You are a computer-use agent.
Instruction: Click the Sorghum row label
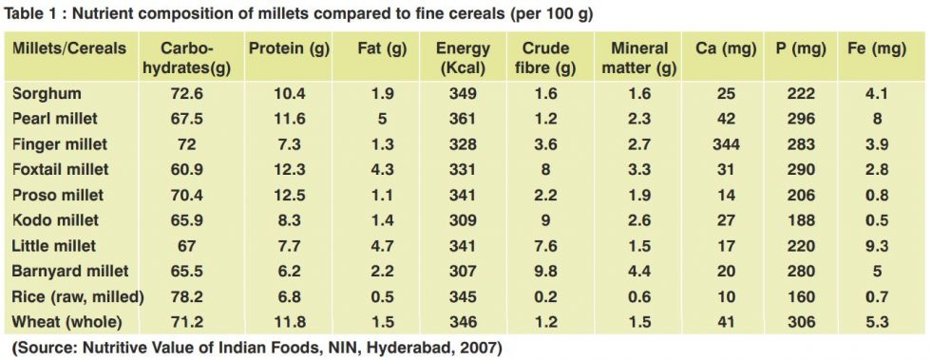tap(47, 94)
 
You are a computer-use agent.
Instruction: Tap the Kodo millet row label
tap(55, 219)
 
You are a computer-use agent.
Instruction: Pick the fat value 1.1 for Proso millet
tap(377, 195)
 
